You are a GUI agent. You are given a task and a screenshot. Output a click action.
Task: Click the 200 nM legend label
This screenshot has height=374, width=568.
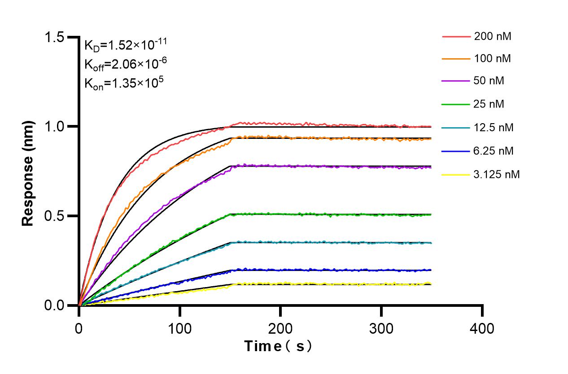click(492, 36)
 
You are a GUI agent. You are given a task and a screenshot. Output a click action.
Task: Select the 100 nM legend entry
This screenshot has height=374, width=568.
click(492, 58)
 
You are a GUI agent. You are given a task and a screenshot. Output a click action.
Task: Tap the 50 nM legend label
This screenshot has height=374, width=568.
click(489, 81)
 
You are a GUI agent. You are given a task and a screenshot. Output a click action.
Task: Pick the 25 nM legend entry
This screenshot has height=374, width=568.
click(489, 104)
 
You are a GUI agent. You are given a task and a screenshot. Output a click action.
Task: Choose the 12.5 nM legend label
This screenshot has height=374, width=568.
click(494, 128)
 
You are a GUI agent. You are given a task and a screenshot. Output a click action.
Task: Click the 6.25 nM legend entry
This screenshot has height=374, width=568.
click(494, 151)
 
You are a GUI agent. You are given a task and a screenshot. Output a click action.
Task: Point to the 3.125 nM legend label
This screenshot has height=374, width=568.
click(497, 174)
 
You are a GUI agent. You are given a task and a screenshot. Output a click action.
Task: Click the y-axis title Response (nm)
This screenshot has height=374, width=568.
click(28, 171)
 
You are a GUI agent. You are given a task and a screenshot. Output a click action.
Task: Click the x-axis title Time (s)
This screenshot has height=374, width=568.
click(278, 346)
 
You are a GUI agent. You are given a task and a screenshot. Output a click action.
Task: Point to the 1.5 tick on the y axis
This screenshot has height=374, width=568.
click(54, 37)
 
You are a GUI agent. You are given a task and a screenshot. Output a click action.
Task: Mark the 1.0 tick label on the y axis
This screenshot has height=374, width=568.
click(54, 127)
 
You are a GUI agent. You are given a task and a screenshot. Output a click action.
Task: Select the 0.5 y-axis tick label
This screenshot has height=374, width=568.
click(54, 216)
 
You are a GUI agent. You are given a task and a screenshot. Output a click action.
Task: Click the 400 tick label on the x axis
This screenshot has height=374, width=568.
click(482, 328)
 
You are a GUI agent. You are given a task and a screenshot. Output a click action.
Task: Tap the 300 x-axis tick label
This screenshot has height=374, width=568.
click(381, 328)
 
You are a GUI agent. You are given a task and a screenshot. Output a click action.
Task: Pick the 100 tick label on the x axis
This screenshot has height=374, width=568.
click(180, 328)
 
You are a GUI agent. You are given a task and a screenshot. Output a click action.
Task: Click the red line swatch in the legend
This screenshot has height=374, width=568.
click(455, 36)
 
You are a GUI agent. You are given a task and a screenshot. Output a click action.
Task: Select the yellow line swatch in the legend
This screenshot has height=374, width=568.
click(455, 174)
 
